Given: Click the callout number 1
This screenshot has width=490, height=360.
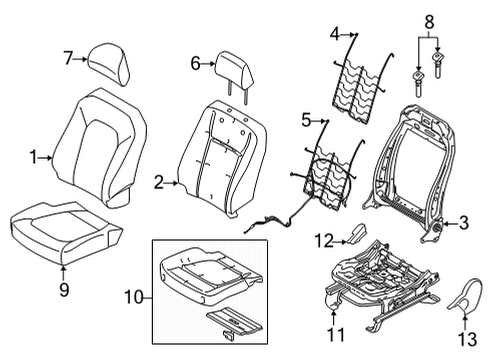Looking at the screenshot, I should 33,157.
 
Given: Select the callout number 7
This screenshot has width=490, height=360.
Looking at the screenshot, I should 68,58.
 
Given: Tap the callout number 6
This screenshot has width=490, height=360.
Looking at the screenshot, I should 196,62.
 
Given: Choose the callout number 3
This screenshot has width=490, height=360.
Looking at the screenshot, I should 463,223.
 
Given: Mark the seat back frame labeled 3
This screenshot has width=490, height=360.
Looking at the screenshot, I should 420,160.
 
